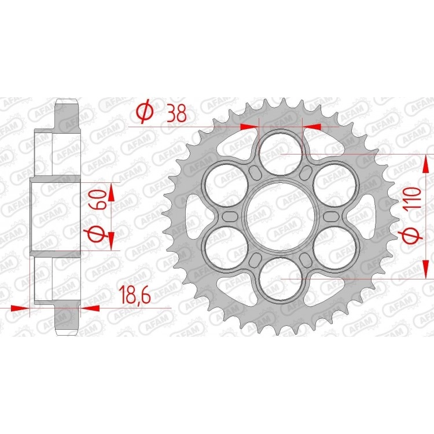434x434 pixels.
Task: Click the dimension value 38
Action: [176, 113]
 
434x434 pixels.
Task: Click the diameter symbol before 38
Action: [145, 111]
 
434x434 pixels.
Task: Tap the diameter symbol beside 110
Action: [412, 236]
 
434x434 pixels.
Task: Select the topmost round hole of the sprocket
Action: [281, 153]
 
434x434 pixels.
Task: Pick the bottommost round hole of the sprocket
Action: [281, 278]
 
